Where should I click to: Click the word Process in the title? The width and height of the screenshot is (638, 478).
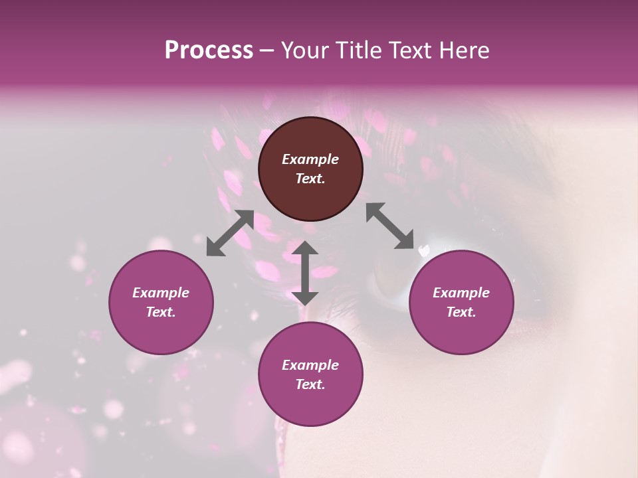point(209,50)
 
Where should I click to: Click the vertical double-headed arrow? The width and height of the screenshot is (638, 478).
point(305,273)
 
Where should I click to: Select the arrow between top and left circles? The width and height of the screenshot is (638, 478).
point(230,232)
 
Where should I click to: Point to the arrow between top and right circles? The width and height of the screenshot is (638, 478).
point(389,226)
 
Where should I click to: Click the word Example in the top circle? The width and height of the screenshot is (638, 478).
point(310,159)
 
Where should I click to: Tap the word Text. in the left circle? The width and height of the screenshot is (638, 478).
point(161,312)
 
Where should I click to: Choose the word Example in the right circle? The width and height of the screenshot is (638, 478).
point(461,293)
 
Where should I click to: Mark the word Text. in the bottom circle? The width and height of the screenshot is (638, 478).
point(310,384)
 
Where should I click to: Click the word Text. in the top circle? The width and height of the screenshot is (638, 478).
point(310,179)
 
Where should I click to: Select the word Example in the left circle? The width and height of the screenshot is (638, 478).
point(161,293)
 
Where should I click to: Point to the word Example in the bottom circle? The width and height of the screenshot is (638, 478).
point(310,365)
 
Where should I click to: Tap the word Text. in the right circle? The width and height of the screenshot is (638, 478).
point(461,312)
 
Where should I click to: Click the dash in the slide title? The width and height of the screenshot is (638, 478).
point(267,51)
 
